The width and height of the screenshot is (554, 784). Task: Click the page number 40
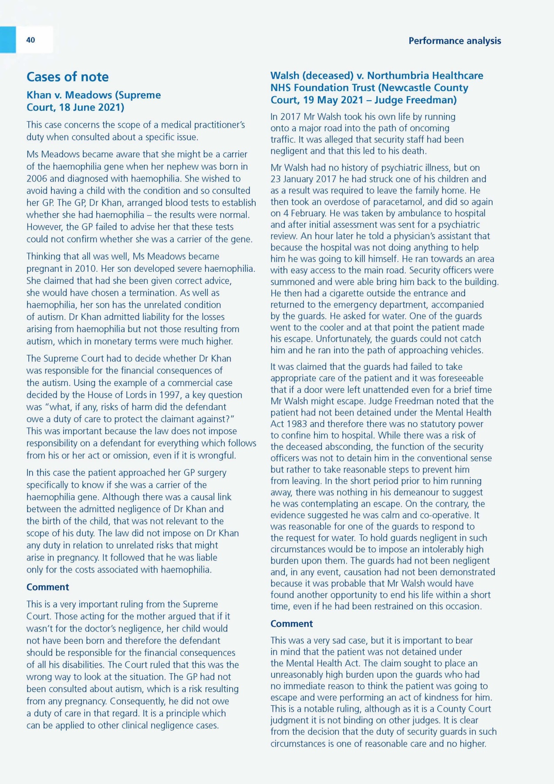[30, 40]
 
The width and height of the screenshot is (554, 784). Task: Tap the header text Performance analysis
[454, 41]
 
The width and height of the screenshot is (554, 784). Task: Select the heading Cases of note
[68, 77]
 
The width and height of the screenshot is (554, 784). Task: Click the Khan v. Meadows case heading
[93, 101]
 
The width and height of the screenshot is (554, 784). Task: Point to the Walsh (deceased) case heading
[376, 88]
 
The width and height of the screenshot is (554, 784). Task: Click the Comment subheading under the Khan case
[47, 587]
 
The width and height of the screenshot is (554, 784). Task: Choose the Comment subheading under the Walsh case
[291, 624]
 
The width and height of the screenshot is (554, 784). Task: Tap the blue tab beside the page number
[8, 40]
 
